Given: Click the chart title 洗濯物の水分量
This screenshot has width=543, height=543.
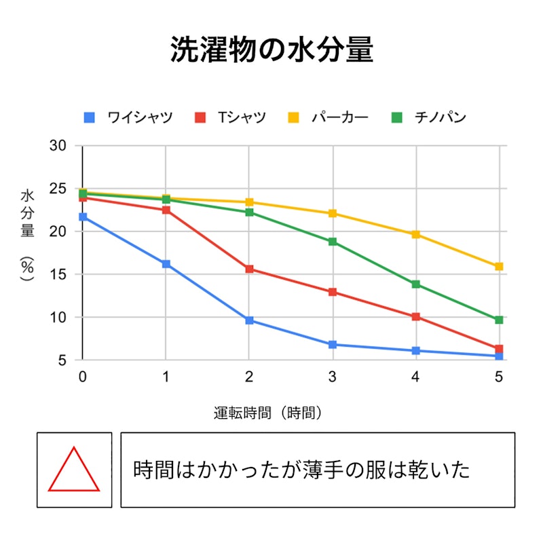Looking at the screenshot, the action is point(272,49).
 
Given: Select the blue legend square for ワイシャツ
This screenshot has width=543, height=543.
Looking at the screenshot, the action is point(90,117).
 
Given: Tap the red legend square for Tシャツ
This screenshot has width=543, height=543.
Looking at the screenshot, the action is point(200,117).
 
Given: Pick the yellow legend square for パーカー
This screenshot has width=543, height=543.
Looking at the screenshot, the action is point(293,117).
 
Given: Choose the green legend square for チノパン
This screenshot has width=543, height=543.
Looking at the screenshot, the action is point(397,117).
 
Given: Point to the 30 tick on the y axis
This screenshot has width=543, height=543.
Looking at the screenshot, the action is point(58,146).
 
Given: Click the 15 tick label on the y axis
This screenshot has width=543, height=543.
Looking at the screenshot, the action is point(58,274).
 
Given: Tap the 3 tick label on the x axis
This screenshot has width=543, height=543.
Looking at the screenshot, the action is point(333,377).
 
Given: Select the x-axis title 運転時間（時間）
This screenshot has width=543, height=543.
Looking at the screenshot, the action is point(267,413).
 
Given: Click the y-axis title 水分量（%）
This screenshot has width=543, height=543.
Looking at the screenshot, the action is point(27,235).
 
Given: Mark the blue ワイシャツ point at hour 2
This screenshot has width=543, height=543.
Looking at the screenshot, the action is point(249,320).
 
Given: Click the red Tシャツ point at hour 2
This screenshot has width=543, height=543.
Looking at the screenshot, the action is point(249,269).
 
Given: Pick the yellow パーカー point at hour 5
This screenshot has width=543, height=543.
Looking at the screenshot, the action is point(499,266).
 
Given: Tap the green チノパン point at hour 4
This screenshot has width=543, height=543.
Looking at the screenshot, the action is point(416,284).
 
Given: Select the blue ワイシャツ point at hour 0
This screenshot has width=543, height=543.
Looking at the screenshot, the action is point(83,217).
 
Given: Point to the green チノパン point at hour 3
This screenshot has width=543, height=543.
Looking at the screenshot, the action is point(333,242).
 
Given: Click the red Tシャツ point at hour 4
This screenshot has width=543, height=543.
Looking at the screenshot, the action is point(416,316).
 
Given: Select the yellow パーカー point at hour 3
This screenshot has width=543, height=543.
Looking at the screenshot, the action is point(333,213).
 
